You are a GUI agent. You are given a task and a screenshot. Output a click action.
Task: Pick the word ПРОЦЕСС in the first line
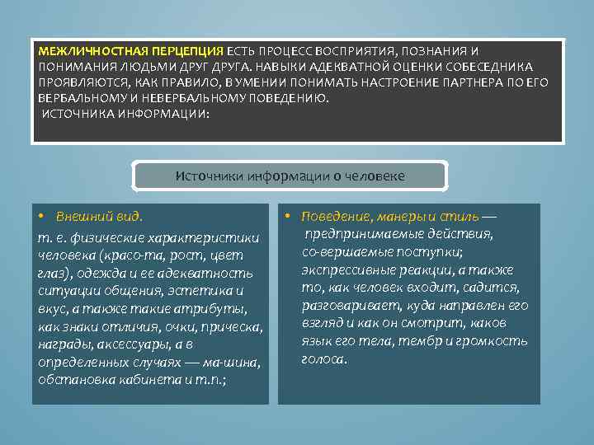(x=289, y=50)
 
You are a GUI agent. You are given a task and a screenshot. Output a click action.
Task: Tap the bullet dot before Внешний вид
(x=41, y=217)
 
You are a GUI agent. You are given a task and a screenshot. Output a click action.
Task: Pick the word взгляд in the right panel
(x=323, y=324)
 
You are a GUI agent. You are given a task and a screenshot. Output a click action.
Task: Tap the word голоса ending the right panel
(x=323, y=359)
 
